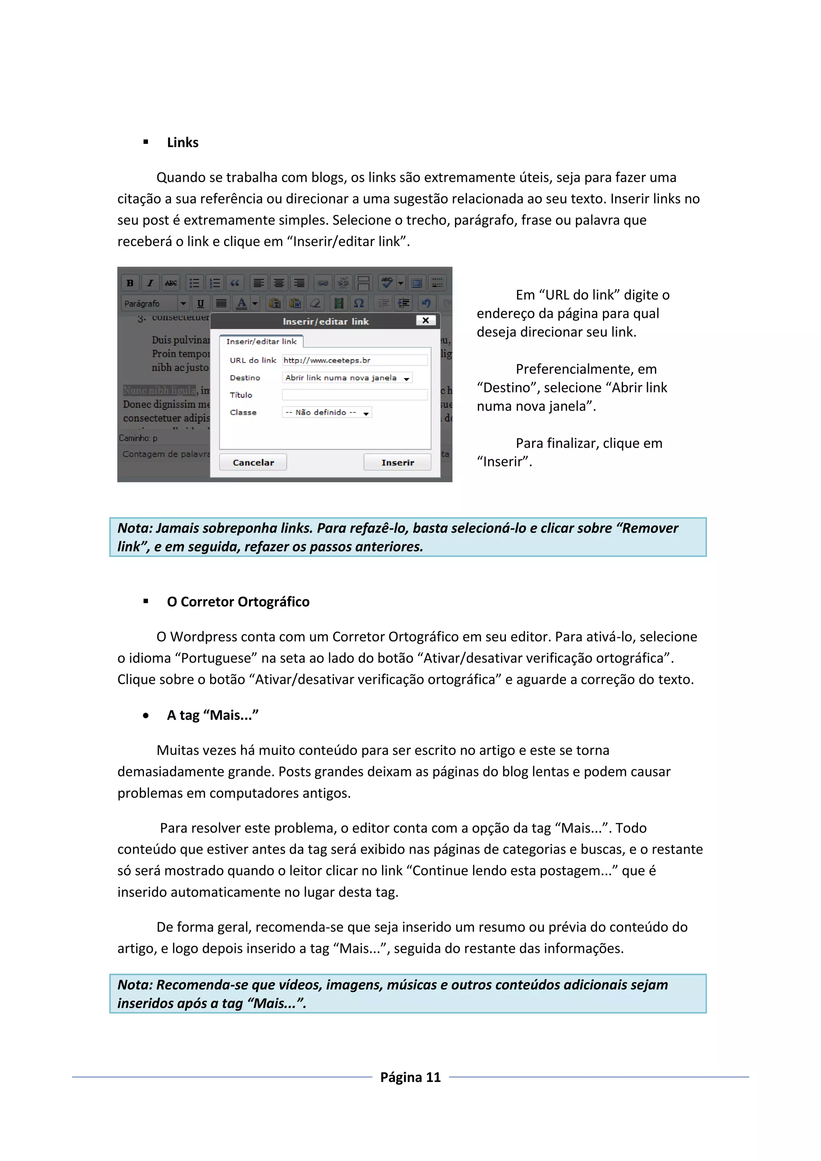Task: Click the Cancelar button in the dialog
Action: pyautogui.click(x=253, y=462)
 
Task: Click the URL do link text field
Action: pyautogui.click(x=354, y=360)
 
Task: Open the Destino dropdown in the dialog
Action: pyautogui.click(x=347, y=378)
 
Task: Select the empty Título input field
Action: pyautogui.click(x=354, y=395)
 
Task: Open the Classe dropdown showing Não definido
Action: pyautogui.click(x=327, y=413)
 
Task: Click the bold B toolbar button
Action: pyautogui.click(x=130, y=283)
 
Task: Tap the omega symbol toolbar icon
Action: pyautogui.click(x=359, y=303)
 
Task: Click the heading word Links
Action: pyautogui.click(x=182, y=143)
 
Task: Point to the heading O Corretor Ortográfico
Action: pyautogui.click(x=238, y=602)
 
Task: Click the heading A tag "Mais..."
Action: pyautogui.click(x=212, y=715)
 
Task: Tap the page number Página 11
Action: pyautogui.click(x=410, y=1077)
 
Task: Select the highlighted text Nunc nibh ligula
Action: pyautogui.click(x=159, y=390)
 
